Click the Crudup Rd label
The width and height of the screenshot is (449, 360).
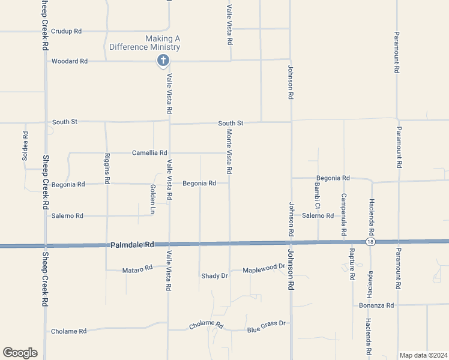[66, 31]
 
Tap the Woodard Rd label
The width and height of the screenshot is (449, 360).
[70, 61]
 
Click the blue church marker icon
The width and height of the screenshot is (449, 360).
[162, 60]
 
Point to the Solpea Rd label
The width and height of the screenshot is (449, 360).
[25, 142]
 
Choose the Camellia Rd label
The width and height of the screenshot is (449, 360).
[149, 153]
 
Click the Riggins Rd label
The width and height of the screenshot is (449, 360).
[107, 169]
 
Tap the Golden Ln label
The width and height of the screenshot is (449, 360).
[153, 199]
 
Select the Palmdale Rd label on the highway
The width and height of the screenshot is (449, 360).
[133, 245]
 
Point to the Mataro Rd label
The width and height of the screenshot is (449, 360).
[137, 270]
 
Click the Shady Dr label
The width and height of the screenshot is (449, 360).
[214, 276]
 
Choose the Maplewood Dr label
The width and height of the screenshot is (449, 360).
[264, 268]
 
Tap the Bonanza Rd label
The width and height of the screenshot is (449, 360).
[376, 305]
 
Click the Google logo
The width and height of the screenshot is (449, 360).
[20, 353]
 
